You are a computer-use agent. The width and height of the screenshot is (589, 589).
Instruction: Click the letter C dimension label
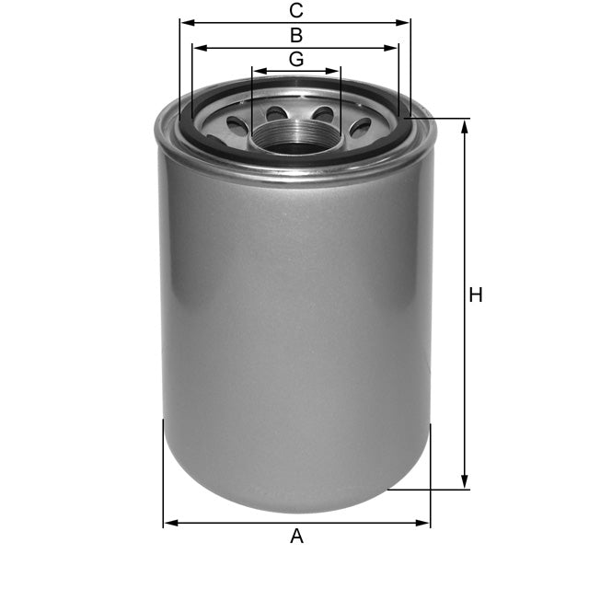(x=295, y=10)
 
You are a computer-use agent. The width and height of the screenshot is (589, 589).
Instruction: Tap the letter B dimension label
(x=295, y=35)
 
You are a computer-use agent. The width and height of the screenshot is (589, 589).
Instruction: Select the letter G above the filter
(x=295, y=59)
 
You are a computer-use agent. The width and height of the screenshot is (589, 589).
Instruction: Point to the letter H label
(x=475, y=295)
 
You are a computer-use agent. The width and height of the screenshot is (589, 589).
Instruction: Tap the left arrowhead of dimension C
(x=184, y=22)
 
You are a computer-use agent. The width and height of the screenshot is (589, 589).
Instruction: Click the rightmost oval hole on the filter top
(x=360, y=126)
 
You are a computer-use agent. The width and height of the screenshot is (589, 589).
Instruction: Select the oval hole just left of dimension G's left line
(x=237, y=126)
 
